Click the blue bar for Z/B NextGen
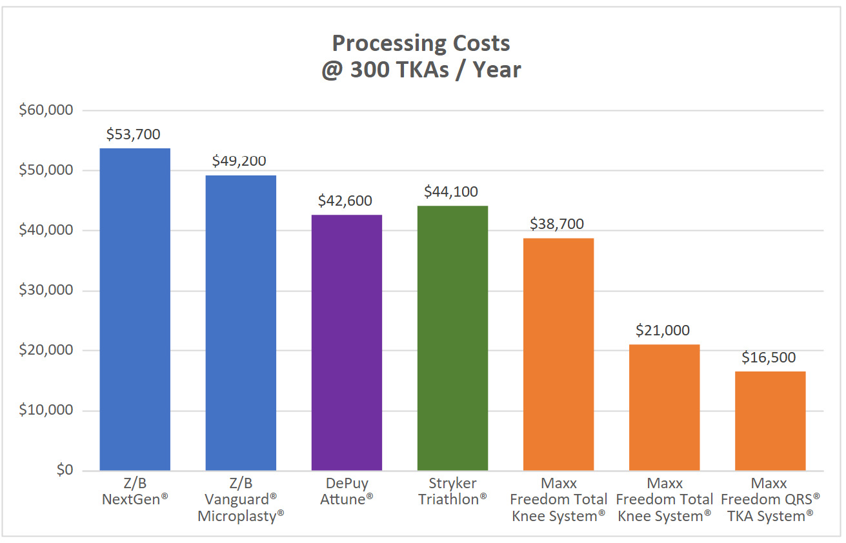135,310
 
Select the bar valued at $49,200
241,322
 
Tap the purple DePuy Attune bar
347,342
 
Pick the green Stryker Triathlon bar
452,338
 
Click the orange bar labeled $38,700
558,354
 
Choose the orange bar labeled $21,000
664,408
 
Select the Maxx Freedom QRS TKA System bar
770,421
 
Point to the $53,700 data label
134,135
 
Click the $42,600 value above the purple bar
345,201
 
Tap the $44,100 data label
451,192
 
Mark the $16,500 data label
769,357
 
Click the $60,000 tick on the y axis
46,110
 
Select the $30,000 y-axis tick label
46,290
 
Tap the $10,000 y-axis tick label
46,411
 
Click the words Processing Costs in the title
421,43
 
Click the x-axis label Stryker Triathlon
452,491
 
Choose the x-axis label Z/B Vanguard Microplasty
241,500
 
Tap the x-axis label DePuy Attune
347,491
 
